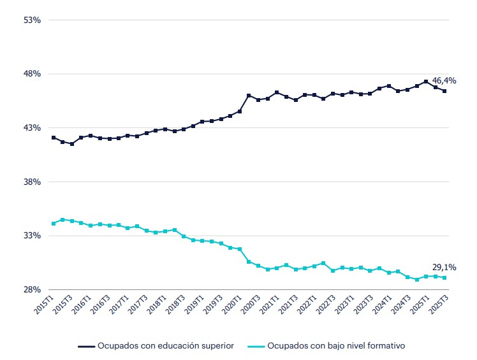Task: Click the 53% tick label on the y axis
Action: click(x=33, y=20)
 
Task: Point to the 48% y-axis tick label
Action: click(x=33, y=74)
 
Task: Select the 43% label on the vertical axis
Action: click(x=33, y=127)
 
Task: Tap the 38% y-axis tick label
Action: click(x=33, y=182)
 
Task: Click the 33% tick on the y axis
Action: click(x=33, y=235)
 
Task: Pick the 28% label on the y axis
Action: click(x=33, y=289)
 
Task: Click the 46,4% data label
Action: click(x=444, y=81)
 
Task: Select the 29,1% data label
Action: click(x=444, y=268)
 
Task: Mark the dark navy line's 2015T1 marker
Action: click(x=54, y=138)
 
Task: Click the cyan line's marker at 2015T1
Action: click(x=54, y=224)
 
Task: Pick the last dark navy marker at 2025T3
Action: click(x=444, y=91)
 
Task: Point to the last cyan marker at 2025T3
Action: click(x=444, y=278)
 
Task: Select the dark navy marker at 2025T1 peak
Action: click(x=426, y=82)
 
